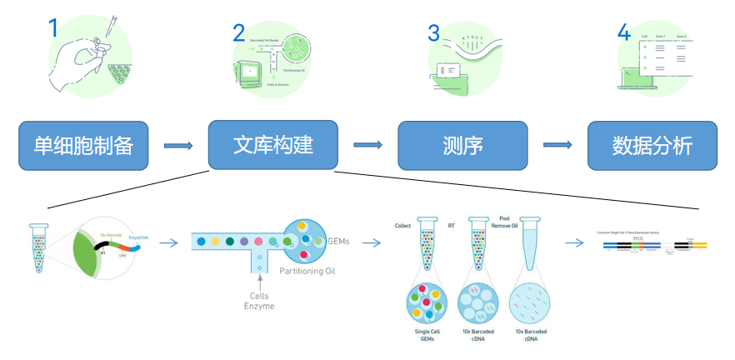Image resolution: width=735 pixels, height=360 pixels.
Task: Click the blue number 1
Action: point(53,29)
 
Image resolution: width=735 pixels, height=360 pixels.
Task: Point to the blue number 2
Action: point(239,33)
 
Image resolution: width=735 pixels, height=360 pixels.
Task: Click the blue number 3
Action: point(433,33)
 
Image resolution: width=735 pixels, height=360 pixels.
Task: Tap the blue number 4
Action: point(623,33)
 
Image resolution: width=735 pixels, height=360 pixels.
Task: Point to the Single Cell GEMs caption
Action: point(427,335)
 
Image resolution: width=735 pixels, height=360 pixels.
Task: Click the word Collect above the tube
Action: point(403,224)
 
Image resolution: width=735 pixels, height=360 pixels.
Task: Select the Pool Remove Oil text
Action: point(509,221)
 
